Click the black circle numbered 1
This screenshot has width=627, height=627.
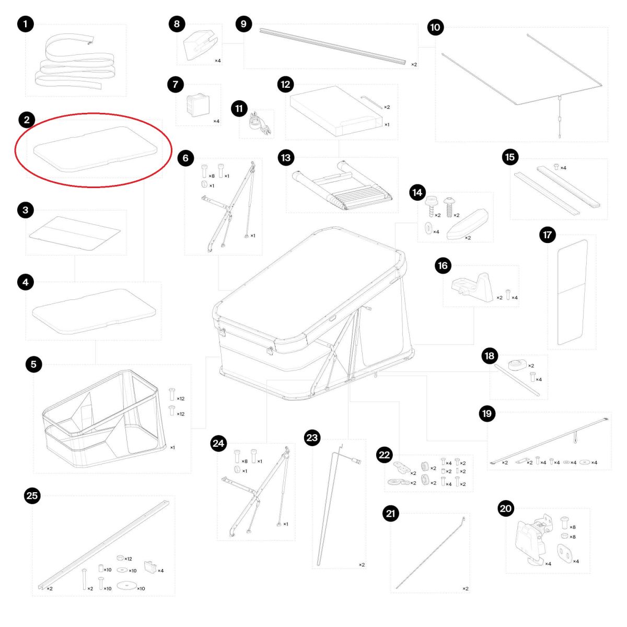pos(26,24)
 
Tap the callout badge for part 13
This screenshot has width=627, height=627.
pos(286,158)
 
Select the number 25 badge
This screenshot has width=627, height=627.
pos(32,495)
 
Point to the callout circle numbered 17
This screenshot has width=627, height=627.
pos(547,235)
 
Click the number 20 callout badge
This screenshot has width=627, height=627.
pos(506,508)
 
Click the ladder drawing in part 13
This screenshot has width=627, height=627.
pos(342,185)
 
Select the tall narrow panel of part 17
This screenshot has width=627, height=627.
pos(572,292)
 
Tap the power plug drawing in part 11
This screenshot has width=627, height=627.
pos(257,124)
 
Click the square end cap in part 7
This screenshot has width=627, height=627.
pos(198,104)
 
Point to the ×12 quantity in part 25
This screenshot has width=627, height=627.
pos(128,559)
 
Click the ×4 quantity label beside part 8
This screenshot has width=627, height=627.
pos(218,61)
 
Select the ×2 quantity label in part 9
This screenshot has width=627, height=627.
pos(414,64)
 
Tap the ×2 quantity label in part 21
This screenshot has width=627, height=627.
pos(466,589)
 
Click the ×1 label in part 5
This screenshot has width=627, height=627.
pos(172,447)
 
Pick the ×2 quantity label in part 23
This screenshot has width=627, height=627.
pos(362,565)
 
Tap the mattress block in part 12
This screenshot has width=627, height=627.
pos(336,111)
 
